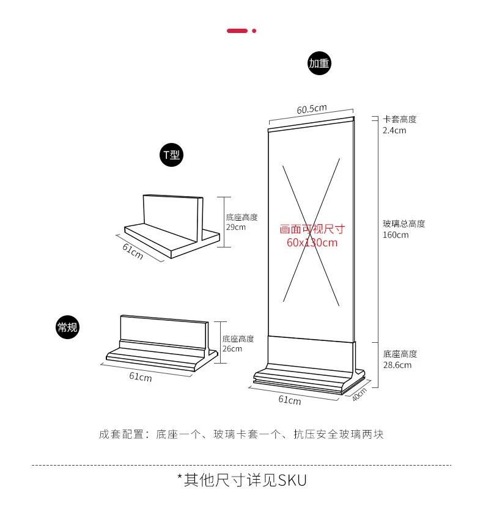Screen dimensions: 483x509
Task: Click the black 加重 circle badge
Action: [x=320, y=64]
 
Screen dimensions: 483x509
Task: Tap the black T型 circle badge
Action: [x=171, y=155]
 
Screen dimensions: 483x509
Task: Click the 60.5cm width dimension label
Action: [x=312, y=109]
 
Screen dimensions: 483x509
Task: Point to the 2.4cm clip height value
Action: [x=394, y=130]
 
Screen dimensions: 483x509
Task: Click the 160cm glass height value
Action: [x=396, y=235]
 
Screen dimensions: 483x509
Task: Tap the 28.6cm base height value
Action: [x=397, y=365]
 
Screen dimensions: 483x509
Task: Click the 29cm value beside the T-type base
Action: [x=235, y=227]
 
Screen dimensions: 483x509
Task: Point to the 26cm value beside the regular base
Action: [x=232, y=349]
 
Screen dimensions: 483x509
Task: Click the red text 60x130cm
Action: [x=312, y=243]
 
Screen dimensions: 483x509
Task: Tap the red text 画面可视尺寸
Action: [x=312, y=230]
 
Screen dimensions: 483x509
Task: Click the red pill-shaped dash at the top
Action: [x=237, y=31]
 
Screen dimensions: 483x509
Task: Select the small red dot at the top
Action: [x=254, y=31]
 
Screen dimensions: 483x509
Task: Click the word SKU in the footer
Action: [x=292, y=480]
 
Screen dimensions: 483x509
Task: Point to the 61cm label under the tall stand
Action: [x=290, y=401]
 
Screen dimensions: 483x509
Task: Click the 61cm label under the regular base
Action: [x=141, y=377]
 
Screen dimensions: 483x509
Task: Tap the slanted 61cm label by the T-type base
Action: [x=133, y=251]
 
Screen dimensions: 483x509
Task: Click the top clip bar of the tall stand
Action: [x=311, y=124]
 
